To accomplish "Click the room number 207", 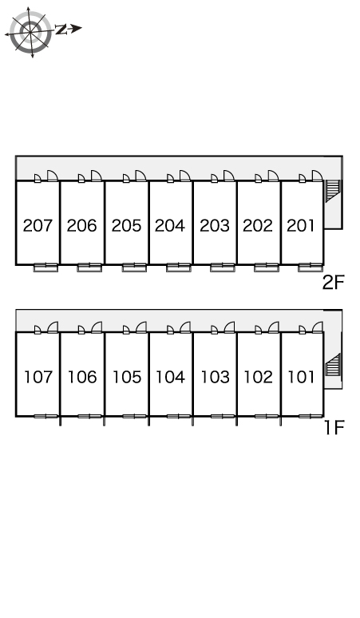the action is point(38,225).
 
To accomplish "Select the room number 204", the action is point(170,225).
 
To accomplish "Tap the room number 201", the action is point(301,225).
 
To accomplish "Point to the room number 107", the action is point(38,377).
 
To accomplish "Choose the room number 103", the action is point(215,377).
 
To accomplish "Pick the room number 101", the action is point(301,377).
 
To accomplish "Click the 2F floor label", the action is point(333,282).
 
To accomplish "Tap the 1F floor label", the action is point(334,428).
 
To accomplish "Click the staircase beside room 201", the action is point(333,191).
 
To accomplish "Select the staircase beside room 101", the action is point(333,365).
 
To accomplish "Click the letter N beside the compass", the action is point(60,30).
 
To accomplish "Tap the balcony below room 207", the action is point(45,267).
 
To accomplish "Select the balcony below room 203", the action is point(223,267).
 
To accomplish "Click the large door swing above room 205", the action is point(140,176).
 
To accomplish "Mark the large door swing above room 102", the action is point(273,327).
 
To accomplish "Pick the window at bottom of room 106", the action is point(90,416).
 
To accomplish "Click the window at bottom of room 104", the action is point(179,416).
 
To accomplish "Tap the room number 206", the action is point(82,225).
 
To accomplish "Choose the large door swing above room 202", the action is point(273,176).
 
